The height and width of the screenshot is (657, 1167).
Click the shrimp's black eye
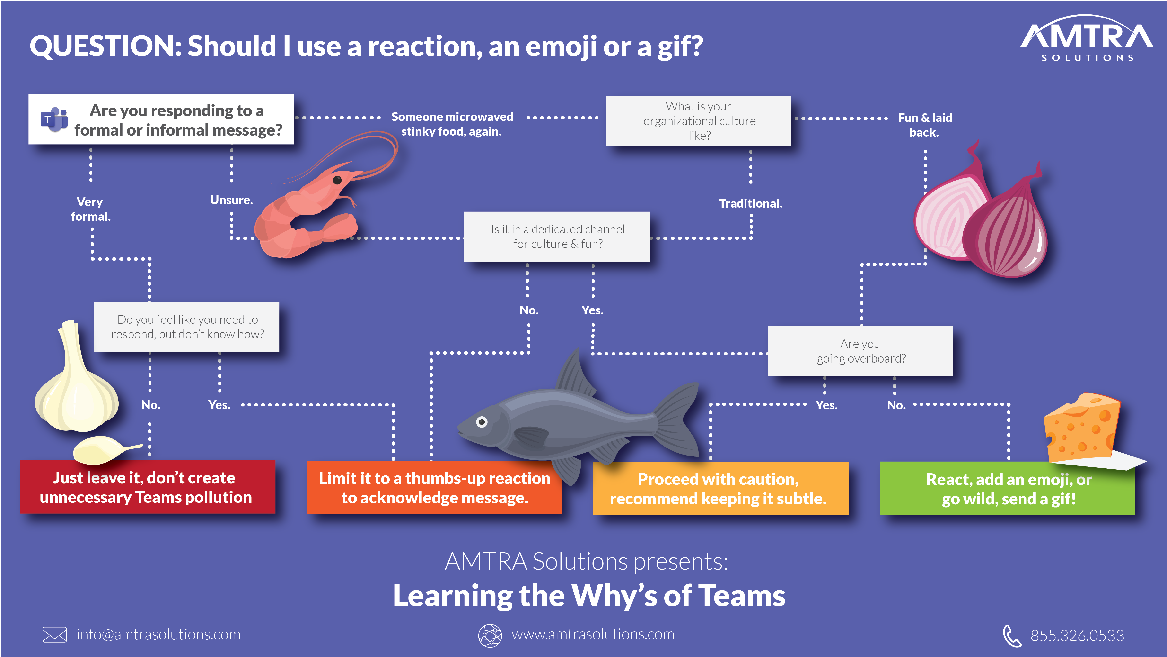(337, 180)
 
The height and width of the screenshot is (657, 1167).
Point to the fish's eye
(482, 422)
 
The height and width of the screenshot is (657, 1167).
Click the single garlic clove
(102, 449)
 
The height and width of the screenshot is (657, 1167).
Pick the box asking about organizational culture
(699, 121)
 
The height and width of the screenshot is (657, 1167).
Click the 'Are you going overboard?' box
(860, 351)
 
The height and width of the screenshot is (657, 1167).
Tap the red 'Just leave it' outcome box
(148, 487)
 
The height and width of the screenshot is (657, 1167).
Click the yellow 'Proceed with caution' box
(720, 488)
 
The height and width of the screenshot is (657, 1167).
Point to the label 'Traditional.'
(750, 203)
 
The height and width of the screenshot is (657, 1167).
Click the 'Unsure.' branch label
(231, 200)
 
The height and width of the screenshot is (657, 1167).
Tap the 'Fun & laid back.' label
(925, 125)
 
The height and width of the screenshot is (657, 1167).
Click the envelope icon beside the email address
(54, 634)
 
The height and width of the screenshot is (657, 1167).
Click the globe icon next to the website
(490, 635)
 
